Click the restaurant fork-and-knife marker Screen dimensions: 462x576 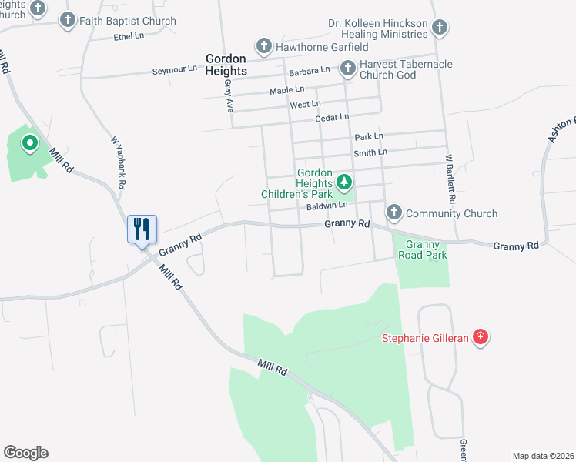(x=142, y=229)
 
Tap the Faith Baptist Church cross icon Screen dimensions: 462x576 (x=68, y=21)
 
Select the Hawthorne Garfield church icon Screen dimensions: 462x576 (x=263, y=47)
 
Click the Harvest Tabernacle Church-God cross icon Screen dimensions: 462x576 (x=347, y=69)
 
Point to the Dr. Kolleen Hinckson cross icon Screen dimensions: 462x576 (x=439, y=28)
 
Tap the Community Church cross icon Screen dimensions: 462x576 (x=393, y=213)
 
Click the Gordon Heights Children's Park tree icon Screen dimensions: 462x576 (x=344, y=183)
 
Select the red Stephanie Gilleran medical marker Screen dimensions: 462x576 (x=481, y=337)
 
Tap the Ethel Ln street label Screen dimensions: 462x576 (x=129, y=36)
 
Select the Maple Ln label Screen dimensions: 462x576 (x=286, y=91)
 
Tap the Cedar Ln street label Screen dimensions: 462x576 (x=332, y=118)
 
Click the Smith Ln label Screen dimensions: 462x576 (x=370, y=152)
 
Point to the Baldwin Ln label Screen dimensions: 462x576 (x=327, y=206)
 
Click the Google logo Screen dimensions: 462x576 (x=25, y=453)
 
